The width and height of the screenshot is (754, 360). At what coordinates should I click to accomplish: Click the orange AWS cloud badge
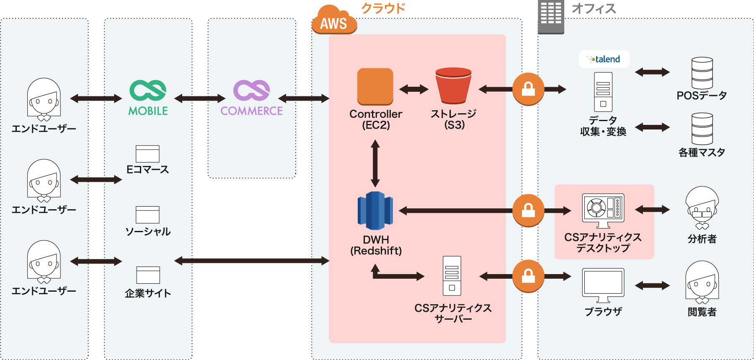pos(334,21)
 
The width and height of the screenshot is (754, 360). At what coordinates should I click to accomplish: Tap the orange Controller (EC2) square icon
pos(375,86)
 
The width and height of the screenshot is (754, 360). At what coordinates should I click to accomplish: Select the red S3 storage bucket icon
pos(453,85)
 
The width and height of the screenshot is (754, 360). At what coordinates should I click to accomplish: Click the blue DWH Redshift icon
pos(375,210)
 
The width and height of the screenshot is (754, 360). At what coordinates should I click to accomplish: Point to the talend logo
pos(604,59)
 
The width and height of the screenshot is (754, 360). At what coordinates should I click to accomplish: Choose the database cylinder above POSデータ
pos(702,73)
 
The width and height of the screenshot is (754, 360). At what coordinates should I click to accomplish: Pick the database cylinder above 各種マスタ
pos(702,129)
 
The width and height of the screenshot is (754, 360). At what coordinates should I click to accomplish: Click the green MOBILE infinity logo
pos(148,91)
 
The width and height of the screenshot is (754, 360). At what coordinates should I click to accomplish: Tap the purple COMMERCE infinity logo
pos(251,91)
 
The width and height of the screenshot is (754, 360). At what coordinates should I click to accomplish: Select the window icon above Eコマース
pos(147,154)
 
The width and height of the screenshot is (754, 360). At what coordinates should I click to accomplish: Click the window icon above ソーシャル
pos(147,215)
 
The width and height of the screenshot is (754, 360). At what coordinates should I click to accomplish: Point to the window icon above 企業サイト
pos(148,275)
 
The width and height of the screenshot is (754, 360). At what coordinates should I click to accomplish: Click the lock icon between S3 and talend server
pos(528,89)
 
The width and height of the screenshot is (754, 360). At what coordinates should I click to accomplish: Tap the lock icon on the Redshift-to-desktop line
pos(528,210)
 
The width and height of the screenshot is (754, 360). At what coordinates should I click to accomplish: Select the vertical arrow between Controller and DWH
pos(375,163)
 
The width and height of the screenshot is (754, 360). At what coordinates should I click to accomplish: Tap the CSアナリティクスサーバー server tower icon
pos(452,276)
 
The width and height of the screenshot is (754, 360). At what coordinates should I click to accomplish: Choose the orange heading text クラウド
pos(383,8)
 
